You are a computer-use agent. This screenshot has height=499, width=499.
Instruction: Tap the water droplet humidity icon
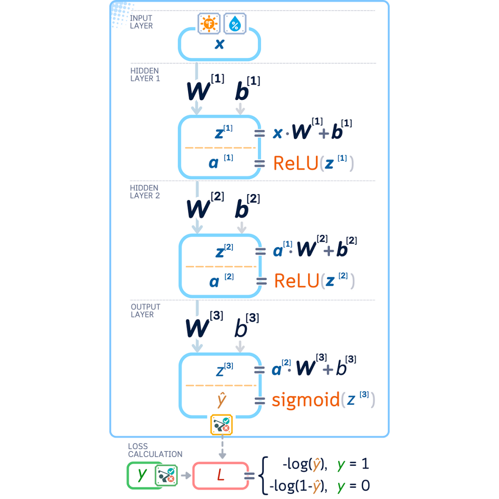[235, 24]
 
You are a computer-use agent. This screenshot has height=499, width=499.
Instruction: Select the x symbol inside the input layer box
[219, 44]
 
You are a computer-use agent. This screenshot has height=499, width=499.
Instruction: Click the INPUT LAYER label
[141, 22]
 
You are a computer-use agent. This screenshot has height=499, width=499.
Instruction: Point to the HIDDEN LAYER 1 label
[145, 74]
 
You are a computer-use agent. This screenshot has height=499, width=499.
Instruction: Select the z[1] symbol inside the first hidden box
[221, 132]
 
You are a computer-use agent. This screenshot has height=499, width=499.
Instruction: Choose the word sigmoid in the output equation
[305, 399]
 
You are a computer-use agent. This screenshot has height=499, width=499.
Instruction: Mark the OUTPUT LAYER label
[145, 310]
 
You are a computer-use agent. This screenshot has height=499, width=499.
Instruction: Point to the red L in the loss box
[220, 475]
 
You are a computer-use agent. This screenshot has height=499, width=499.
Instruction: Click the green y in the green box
[143, 475]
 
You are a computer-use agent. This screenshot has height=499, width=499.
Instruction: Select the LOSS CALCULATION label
[155, 450]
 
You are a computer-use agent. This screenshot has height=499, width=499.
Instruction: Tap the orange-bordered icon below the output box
[221, 425]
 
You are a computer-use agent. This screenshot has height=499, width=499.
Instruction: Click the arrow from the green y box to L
[185, 475]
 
